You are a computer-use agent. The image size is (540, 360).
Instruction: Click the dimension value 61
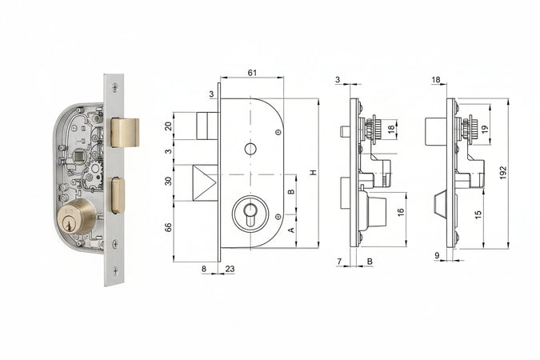coord(252,73)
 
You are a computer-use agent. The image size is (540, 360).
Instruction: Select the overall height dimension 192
coord(503,173)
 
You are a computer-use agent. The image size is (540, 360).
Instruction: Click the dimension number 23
coord(230,270)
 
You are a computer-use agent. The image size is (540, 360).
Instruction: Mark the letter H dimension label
coord(314,173)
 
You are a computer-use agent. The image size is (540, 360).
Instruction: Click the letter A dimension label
coord(291,229)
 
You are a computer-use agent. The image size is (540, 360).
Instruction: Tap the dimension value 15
coord(478,215)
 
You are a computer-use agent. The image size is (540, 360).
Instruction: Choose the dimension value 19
coord(485,129)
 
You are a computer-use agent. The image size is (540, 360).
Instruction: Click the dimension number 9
coord(438,257)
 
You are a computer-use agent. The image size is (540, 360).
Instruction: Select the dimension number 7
coord(339,262)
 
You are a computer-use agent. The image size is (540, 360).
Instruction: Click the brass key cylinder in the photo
coord(76,218)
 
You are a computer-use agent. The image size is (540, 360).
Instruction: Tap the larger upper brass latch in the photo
coord(124,132)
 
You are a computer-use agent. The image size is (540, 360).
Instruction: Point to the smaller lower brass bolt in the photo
coord(117,195)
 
